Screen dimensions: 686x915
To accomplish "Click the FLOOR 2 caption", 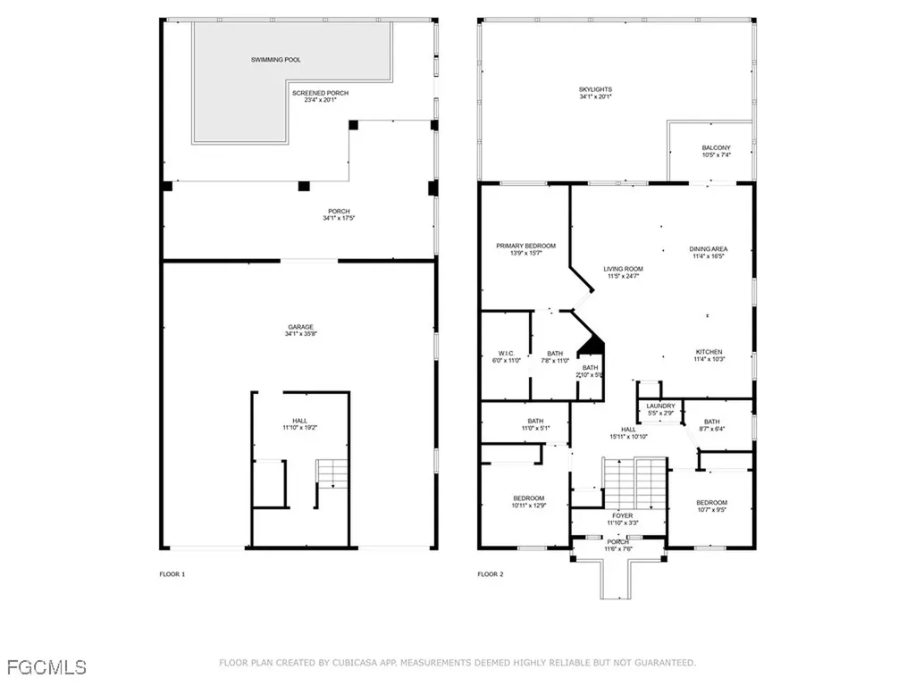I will [490, 574].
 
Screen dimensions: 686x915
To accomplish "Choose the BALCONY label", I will [716, 148].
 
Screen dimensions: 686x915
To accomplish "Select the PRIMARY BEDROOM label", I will [526, 246].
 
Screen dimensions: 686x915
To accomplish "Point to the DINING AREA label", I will [708, 249].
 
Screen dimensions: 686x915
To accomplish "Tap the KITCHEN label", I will [709, 352].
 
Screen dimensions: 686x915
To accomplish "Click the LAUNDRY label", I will [660, 406].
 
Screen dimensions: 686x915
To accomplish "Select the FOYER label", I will [617, 515].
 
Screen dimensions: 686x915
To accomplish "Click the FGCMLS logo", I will [45, 666].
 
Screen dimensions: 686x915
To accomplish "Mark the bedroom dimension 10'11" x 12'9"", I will [528, 506].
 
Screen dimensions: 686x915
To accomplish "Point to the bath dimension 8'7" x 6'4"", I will [711, 430].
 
